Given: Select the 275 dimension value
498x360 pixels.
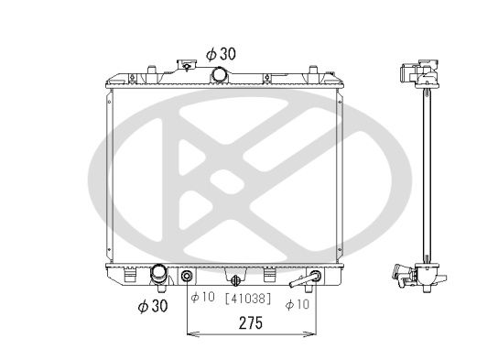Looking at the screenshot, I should (252, 323).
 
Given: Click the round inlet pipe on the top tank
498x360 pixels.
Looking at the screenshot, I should (220, 74).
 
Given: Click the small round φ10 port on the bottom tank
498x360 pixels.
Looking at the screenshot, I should (188, 277).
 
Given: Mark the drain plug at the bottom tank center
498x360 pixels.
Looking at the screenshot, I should (236, 279).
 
